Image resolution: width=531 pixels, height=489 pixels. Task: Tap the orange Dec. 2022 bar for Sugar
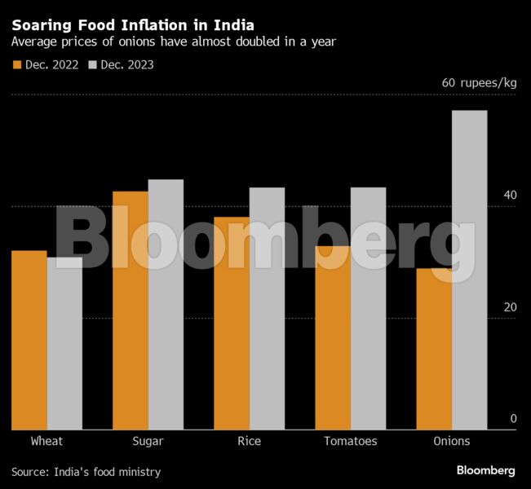point(131,311)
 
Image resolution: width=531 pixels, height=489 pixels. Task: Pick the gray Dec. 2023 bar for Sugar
point(166,305)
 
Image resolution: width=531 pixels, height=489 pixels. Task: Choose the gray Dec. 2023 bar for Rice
point(267,309)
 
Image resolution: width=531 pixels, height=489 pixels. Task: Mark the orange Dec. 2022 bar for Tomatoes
point(332,337)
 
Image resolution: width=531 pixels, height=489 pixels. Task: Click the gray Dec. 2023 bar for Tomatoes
point(368,309)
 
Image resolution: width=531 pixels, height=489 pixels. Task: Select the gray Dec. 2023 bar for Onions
point(469,270)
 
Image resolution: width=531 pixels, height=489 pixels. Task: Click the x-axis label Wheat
point(46,441)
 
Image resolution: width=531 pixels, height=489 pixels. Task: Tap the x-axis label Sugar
point(148,441)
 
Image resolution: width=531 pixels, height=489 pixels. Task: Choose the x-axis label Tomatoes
point(350,441)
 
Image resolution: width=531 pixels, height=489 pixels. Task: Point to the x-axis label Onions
point(451,441)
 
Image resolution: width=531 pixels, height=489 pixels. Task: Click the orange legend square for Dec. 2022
point(17,64)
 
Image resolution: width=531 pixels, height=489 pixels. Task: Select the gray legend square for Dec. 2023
point(93,64)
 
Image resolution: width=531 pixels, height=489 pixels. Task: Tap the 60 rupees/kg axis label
point(479,83)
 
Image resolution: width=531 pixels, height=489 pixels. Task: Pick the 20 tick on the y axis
point(510,307)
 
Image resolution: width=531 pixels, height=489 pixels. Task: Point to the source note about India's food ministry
point(86,472)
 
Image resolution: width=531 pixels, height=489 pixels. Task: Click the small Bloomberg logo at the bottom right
point(485,470)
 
